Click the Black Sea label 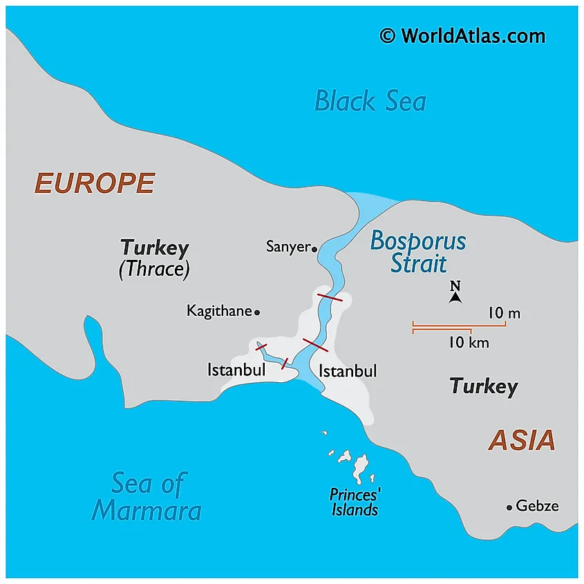(x=370, y=101)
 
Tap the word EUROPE (x=95, y=183)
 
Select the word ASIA (x=522, y=440)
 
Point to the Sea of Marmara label (x=147, y=497)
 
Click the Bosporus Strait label (x=418, y=252)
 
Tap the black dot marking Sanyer (x=314, y=248)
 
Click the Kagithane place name (x=219, y=312)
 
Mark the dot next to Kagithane (x=257, y=312)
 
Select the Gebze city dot (x=509, y=507)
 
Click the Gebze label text (x=537, y=507)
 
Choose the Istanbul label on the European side (x=236, y=370)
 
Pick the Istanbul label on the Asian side (x=348, y=371)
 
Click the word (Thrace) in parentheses (x=154, y=269)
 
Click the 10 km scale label (x=469, y=341)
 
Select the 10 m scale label (x=504, y=313)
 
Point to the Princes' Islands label (x=355, y=502)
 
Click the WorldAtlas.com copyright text (x=462, y=36)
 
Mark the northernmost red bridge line (x=330, y=297)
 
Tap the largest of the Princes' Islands (x=360, y=469)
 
